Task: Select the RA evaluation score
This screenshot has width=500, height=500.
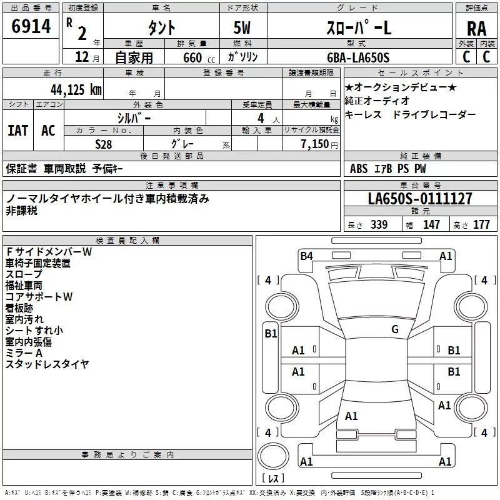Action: point(476,28)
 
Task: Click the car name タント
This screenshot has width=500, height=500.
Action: point(161,28)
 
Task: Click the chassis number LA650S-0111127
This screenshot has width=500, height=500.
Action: point(420,199)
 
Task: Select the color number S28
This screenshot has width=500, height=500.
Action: point(103,144)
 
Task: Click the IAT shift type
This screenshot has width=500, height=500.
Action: point(18,130)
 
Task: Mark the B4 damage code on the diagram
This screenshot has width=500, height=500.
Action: point(306,255)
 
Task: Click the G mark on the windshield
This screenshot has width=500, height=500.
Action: point(394,329)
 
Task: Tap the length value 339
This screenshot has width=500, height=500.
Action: point(378,225)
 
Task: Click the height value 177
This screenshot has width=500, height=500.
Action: point(481,225)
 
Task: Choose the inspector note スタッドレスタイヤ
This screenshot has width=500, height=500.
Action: point(47,364)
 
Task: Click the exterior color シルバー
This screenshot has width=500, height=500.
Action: point(134,117)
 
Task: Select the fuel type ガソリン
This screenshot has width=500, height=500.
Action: point(243,57)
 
